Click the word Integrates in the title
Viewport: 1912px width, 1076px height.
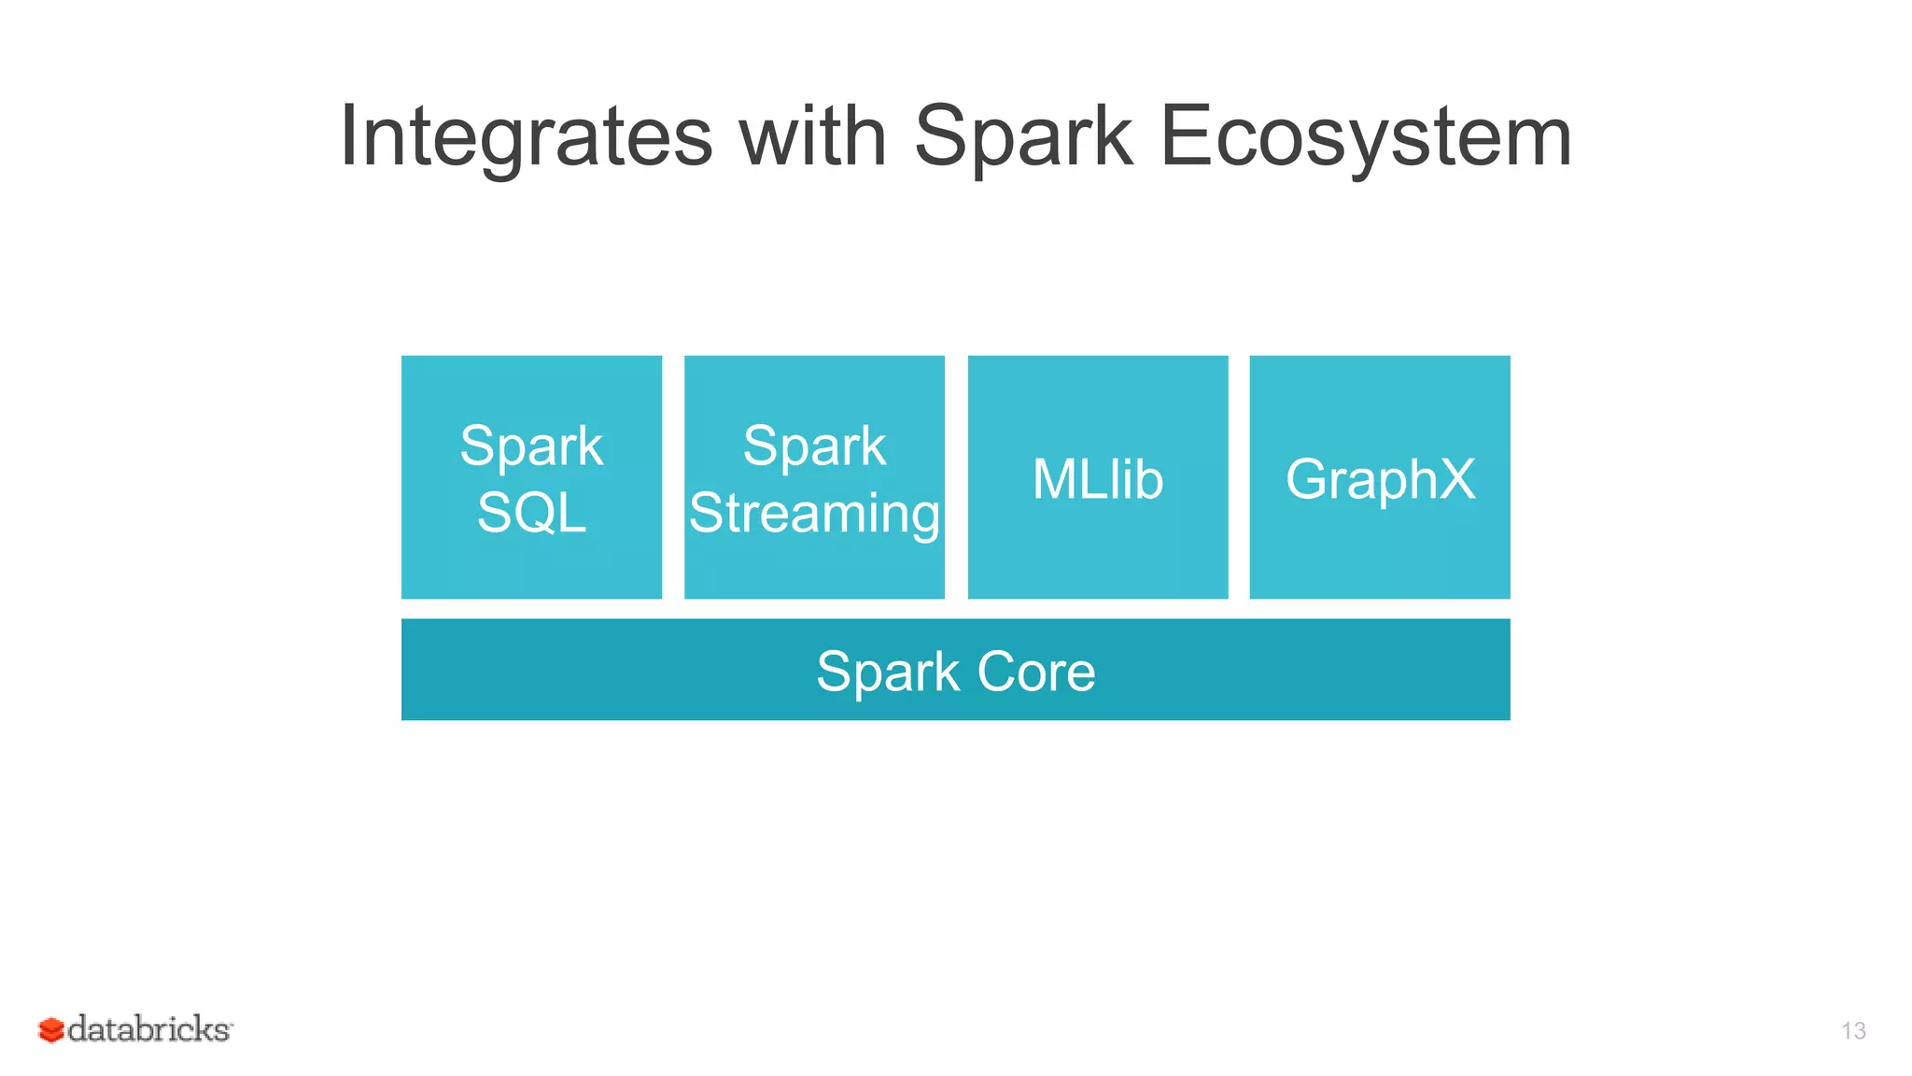[526, 138]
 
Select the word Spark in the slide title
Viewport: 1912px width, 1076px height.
[1022, 138]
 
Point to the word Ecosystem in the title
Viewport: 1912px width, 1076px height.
[1365, 138]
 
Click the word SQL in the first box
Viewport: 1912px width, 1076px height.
[531, 513]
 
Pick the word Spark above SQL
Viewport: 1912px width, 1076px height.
[531, 446]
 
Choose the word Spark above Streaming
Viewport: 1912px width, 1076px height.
[814, 446]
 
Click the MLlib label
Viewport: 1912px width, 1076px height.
[1098, 479]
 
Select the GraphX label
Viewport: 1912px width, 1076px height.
[1380, 479]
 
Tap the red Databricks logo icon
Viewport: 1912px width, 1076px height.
[50, 1030]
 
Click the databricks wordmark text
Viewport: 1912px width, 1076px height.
[149, 1029]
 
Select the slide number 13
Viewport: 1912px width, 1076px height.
[1853, 1031]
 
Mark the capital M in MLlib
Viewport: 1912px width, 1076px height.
[1055, 479]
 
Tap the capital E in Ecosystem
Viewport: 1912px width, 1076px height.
[1183, 136]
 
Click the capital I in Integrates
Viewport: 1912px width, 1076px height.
[347, 136]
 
